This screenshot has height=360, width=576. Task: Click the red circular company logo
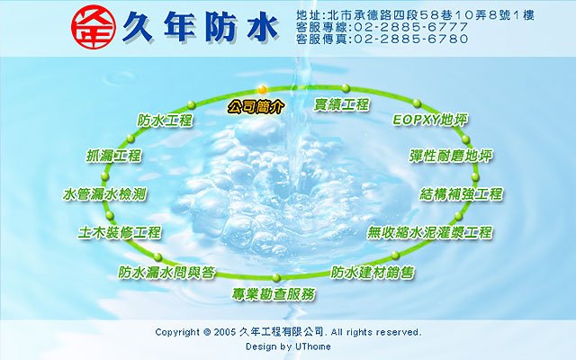(94, 27)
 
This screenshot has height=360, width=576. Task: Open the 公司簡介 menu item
(256, 106)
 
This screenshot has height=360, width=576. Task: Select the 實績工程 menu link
(342, 104)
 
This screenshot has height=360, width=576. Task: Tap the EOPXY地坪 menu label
(430, 120)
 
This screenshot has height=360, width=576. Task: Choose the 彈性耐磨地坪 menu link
(451, 156)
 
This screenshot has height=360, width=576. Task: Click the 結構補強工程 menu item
(461, 194)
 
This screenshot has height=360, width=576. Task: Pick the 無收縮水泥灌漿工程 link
(430, 232)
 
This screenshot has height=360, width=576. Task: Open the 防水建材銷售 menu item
(373, 272)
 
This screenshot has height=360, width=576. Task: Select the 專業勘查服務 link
(274, 294)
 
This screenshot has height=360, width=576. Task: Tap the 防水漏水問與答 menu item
(166, 272)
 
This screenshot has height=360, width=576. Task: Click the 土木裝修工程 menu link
(120, 232)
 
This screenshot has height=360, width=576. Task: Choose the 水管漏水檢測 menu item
(104, 194)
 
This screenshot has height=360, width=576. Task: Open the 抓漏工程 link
(114, 156)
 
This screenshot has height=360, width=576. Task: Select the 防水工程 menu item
(165, 120)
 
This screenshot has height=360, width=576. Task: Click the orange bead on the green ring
(262, 89)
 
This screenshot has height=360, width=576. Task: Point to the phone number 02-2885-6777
(411, 27)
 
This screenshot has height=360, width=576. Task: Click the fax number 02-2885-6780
(411, 39)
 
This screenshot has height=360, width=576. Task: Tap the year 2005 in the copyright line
(224, 332)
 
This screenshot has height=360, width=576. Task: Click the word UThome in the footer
(313, 346)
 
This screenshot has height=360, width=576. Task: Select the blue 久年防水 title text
(200, 27)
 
